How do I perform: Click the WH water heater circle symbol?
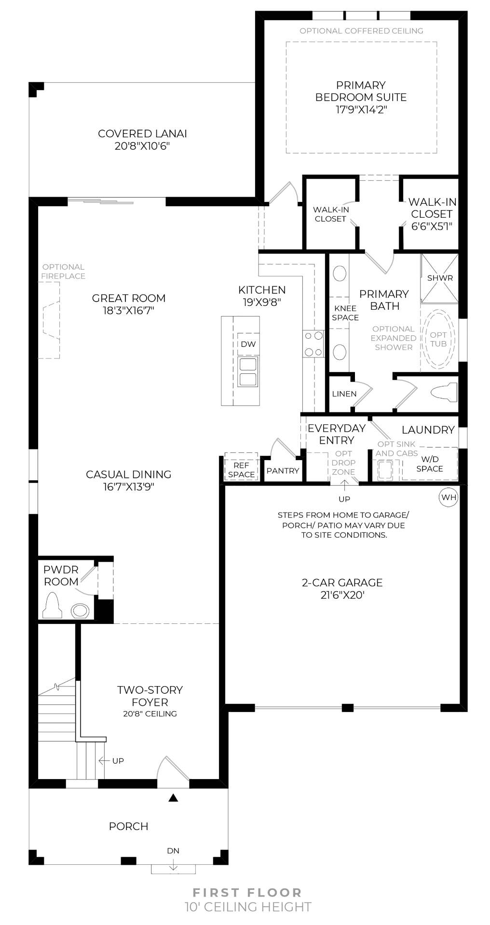[x=449, y=497]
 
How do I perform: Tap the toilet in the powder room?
[x=52, y=606]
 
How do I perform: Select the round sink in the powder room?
[x=80, y=611]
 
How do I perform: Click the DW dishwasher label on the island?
[x=248, y=344]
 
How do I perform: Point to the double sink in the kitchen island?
[x=248, y=371]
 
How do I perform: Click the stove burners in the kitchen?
[x=313, y=344]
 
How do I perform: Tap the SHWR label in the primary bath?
[x=440, y=278]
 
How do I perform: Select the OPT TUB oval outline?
[x=438, y=339]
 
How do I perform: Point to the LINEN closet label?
[x=344, y=394]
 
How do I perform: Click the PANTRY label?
[x=283, y=471]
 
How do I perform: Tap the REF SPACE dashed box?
[x=241, y=466]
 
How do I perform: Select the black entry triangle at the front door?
[x=173, y=798]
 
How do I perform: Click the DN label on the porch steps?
[x=173, y=851]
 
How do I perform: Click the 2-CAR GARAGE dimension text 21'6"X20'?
[x=342, y=595]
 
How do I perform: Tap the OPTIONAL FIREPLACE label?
[x=63, y=271]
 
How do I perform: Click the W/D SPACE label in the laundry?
[x=429, y=464]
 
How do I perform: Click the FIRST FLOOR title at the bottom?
[x=247, y=893]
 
